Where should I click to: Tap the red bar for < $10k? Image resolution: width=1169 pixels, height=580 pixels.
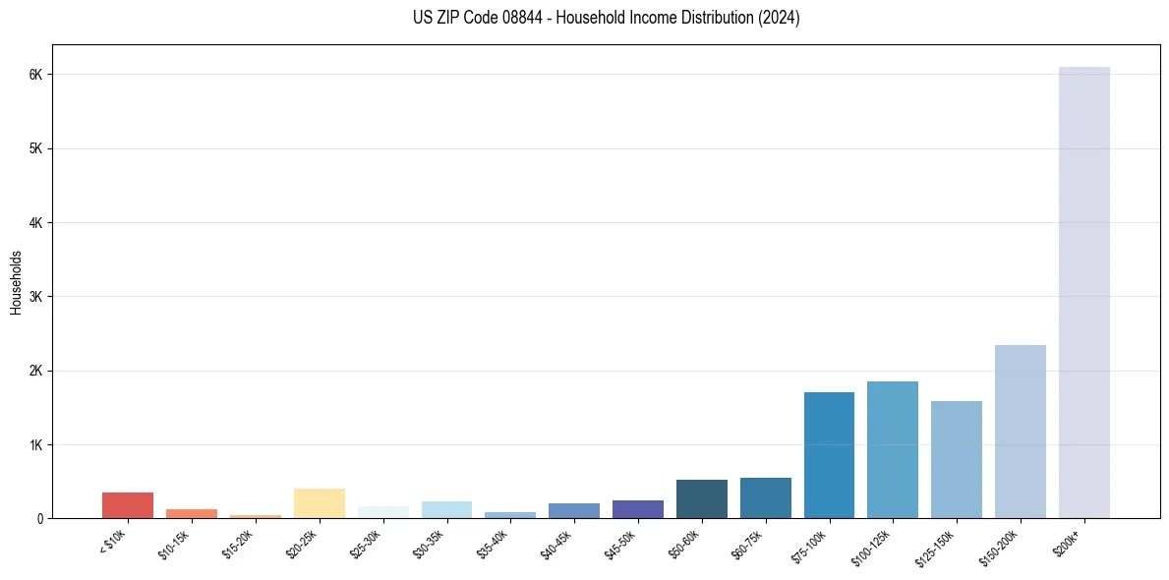click(128, 505)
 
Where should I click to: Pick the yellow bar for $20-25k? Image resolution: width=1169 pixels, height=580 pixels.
click(319, 503)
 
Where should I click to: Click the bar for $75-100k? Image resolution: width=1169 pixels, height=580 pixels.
click(829, 455)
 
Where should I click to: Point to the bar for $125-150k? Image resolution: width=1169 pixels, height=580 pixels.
click(957, 459)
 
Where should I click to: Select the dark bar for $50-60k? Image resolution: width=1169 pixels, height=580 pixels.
click(702, 499)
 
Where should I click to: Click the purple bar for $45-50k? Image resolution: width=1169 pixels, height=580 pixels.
click(638, 509)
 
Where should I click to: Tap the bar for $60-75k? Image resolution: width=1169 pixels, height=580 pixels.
click(765, 498)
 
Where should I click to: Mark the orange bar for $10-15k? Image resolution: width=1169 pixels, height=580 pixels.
click(192, 513)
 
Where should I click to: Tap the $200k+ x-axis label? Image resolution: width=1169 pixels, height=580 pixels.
click(1075, 539)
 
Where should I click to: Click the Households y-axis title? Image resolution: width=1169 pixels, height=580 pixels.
click(16, 282)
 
